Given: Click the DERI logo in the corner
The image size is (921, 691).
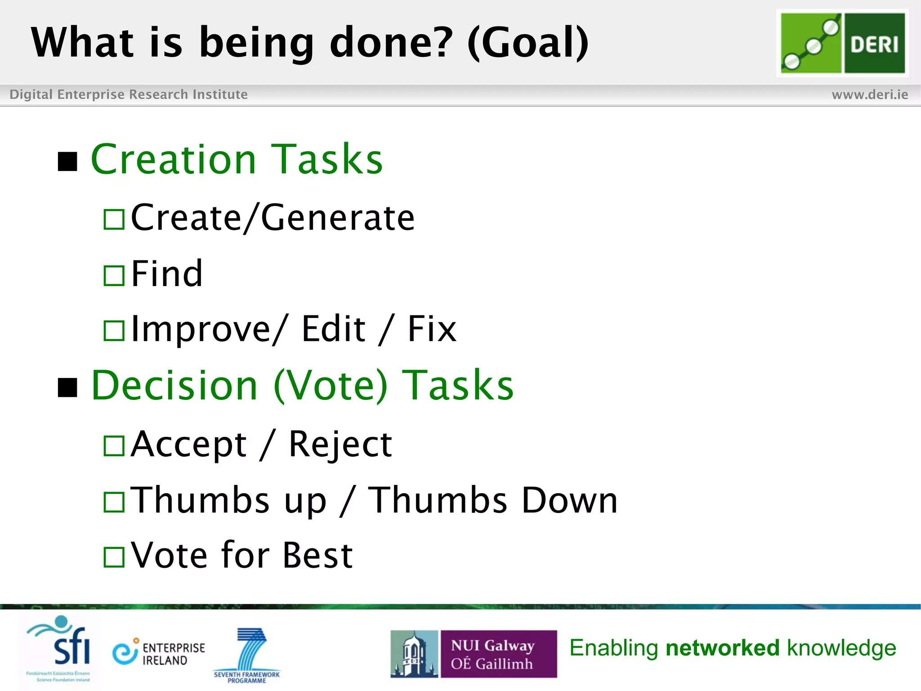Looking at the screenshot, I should click(842, 43).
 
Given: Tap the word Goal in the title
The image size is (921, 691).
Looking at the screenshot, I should click(528, 42).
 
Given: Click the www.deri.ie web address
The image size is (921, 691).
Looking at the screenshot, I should click(869, 94).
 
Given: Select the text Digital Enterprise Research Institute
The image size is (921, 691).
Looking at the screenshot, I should click(129, 94).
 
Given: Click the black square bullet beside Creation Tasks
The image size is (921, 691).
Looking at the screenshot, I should click(68, 162).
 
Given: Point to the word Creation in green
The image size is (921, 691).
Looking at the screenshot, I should click(174, 159).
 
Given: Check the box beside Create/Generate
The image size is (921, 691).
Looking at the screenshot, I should click(114, 220).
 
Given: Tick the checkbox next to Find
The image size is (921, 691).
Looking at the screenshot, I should click(114, 276).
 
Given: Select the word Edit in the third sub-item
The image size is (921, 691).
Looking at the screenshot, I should click(333, 329).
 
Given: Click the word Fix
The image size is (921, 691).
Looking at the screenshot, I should click(432, 329).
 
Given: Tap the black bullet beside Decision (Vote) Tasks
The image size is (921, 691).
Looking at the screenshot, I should click(68, 388).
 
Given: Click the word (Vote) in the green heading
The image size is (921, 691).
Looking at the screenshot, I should click(331, 386).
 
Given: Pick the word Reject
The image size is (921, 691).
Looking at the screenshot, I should click(340, 444).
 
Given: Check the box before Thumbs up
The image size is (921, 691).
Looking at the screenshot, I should click(114, 502).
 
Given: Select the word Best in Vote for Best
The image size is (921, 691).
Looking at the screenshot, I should click(317, 555).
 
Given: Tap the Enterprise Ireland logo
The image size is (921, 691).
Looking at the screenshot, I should click(159, 653).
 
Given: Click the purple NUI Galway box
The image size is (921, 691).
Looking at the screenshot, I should click(498, 654).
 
